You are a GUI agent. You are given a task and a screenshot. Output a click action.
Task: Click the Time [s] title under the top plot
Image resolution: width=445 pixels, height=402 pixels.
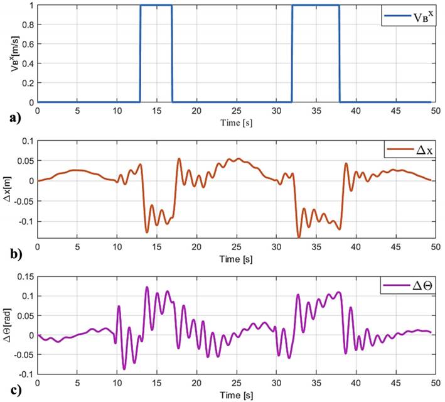tap(235, 119)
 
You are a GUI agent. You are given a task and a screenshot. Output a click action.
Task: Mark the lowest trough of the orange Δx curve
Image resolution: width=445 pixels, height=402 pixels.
tap(299, 237)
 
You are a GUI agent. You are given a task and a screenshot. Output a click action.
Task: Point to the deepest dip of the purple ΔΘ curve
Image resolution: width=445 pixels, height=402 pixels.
tap(124, 369)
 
